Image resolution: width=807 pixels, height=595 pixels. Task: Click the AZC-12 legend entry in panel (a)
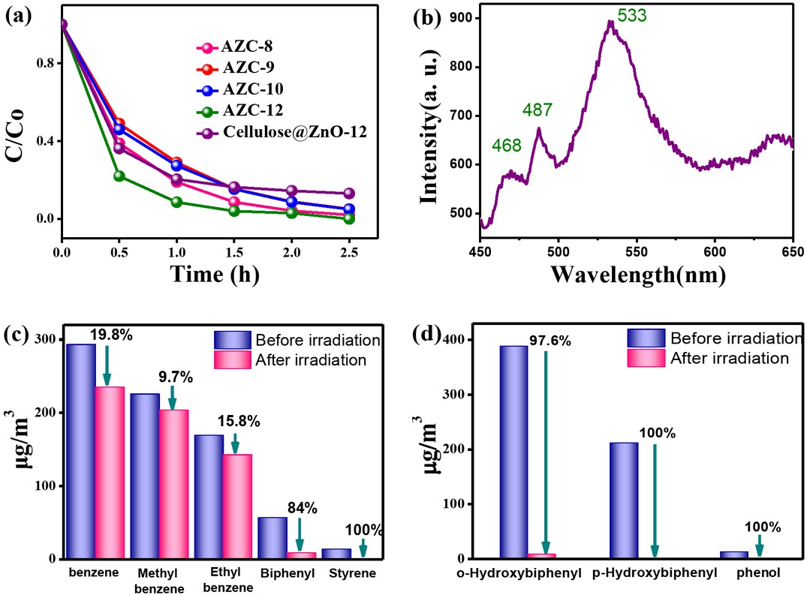tap(252, 110)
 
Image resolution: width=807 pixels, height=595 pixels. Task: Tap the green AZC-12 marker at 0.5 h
tap(119, 176)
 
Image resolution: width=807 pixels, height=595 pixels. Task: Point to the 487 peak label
tap(537, 110)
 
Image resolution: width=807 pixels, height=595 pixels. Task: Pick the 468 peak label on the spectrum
tap(507, 146)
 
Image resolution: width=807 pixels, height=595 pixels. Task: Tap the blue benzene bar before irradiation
tap(80, 451)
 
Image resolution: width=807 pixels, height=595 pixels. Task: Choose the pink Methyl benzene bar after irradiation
tap(173, 484)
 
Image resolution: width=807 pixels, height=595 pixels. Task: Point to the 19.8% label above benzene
tap(111, 332)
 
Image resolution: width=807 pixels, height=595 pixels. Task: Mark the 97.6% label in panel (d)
tap(554, 341)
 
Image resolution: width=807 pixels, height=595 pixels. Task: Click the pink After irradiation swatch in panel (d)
tap(646, 359)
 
